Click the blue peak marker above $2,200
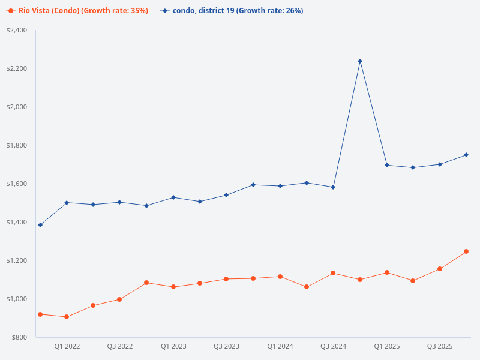360,61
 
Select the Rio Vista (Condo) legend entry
78,11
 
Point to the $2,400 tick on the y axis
17,30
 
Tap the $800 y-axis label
20,337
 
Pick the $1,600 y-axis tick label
17,184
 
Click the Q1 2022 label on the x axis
67,346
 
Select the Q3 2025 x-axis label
440,346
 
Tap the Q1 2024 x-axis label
280,346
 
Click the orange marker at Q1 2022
67,317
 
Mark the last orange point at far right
466,251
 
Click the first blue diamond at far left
40,225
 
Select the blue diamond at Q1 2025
387,165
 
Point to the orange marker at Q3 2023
226,279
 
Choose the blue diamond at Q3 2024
333,187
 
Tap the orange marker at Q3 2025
440,269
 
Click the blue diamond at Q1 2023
173,197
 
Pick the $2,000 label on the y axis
17,107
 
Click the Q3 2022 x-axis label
120,346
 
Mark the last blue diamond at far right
466,155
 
